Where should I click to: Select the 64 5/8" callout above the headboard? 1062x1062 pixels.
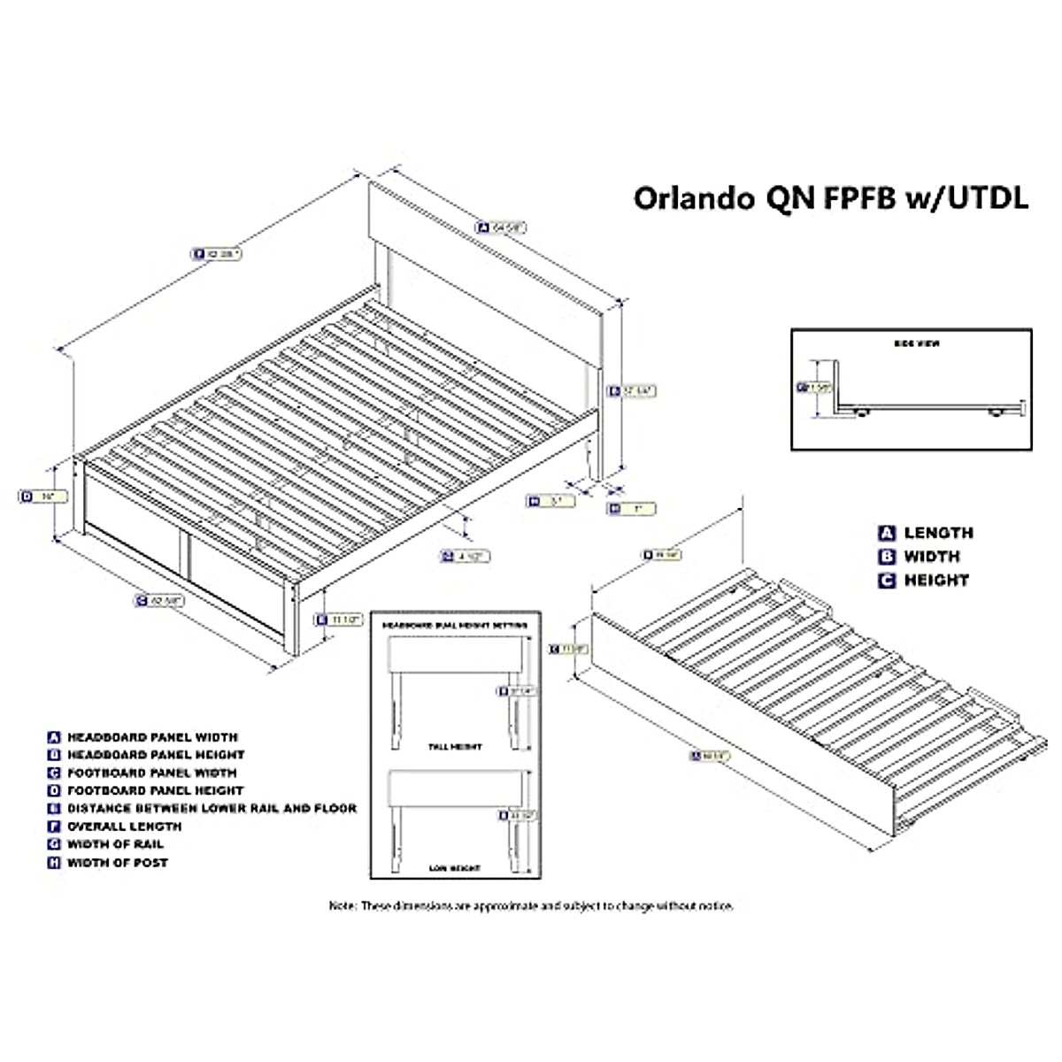[x=501, y=227]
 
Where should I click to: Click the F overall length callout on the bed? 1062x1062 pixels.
[x=216, y=253]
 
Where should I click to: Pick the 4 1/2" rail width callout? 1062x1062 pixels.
[x=465, y=556]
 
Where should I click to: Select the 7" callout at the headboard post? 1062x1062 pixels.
[x=631, y=508]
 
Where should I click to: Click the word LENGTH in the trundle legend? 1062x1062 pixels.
[x=938, y=533]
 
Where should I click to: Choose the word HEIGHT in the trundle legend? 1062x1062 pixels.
[x=935, y=581]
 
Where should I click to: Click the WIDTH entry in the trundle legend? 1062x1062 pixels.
[x=931, y=557]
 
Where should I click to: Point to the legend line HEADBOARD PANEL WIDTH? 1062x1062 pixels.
[x=152, y=736]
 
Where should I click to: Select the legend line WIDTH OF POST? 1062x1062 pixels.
[x=117, y=862]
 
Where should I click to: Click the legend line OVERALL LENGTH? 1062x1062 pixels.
[x=124, y=826]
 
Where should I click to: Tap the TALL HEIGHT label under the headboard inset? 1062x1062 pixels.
[x=455, y=746]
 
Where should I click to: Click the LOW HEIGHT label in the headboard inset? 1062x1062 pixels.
[x=455, y=869]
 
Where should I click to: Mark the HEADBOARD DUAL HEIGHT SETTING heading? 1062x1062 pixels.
[x=455, y=625]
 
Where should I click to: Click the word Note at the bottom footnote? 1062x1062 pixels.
[x=342, y=905]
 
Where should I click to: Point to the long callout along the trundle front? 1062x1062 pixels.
[x=708, y=755]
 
